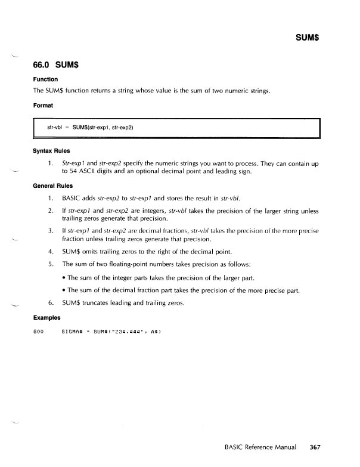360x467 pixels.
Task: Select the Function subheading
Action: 45,79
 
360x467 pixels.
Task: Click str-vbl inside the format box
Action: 55,127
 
